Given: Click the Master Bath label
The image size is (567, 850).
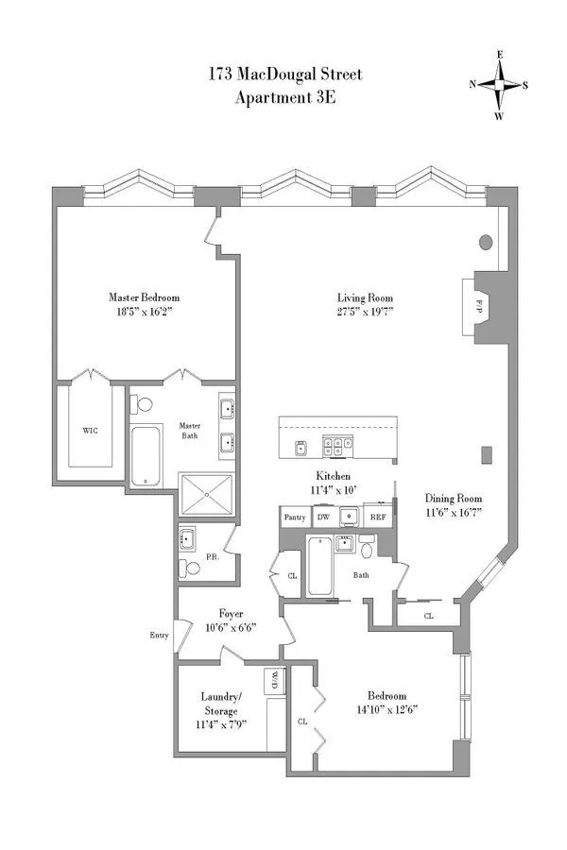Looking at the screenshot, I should (x=191, y=430).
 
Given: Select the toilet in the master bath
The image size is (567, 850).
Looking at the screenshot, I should (x=143, y=405).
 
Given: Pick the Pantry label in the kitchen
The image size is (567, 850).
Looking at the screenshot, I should (x=295, y=518).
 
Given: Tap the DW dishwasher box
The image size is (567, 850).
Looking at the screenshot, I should (x=322, y=518).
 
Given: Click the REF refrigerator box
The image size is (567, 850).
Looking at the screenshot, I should (x=377, y=518).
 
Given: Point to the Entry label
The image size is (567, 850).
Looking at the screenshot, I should (x=158, y=636).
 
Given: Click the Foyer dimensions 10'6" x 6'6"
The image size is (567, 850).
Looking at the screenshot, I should (x=232, y=626).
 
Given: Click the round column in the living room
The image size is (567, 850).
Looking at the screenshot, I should (x=486, y=242).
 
